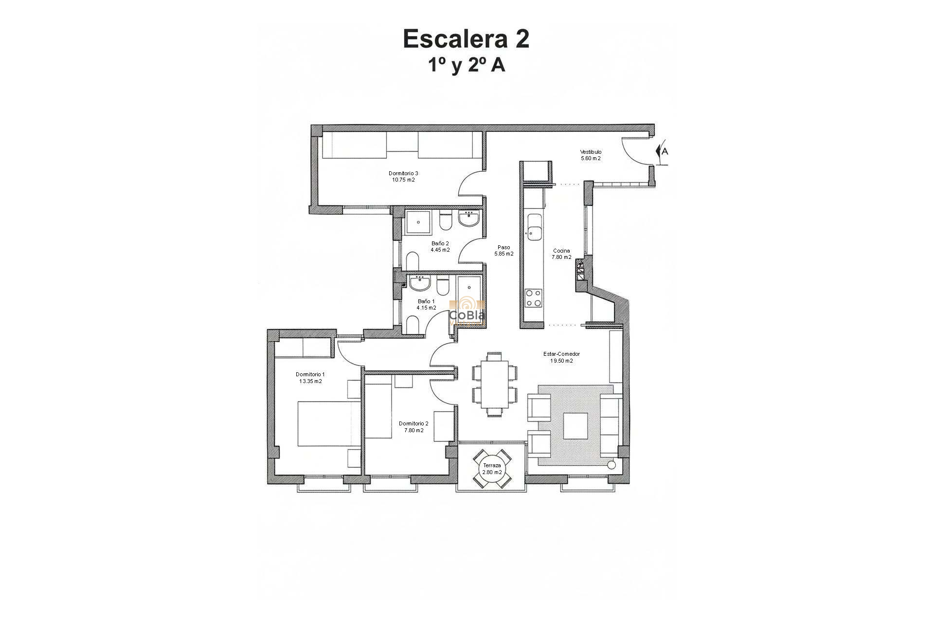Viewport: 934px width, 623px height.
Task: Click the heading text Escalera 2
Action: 466,39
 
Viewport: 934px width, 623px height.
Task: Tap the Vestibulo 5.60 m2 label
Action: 591,155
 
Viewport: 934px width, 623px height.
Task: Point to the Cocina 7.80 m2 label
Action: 561,254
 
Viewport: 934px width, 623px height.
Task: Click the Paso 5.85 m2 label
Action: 503,251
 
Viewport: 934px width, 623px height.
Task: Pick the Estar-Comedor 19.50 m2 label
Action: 561,358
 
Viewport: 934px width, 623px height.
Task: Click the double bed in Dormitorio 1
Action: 328,423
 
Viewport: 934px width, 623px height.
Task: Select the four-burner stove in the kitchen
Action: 534,298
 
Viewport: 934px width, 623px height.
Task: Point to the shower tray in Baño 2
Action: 418,223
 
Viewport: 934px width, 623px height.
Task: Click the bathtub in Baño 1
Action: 469,292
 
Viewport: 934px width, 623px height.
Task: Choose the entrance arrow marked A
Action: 663,151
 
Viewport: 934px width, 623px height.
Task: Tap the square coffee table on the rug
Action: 575,425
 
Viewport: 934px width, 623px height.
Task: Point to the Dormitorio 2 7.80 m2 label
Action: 413,427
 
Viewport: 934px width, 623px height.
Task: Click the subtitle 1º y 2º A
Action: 466,65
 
